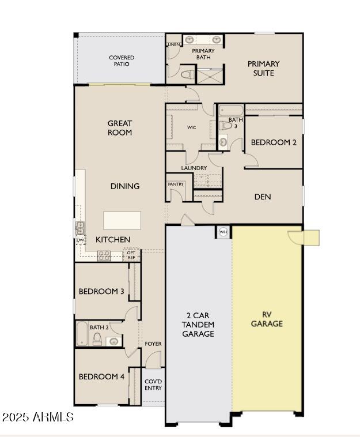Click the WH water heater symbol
(223, 232)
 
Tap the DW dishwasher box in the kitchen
(80, 240)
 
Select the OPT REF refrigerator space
(131, 255)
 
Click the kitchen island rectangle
(122, 220)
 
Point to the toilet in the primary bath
(188, 74)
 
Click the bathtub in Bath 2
(82, 334)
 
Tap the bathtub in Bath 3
(231, 110)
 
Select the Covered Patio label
(122, 61)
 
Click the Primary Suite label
(263, 68)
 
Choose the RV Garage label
(267, 319)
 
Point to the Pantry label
(176, 184)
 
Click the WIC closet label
(192, 127)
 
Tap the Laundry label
(194, 168)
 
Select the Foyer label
(153, 344)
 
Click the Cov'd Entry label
(153, 385)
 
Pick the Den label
(263, 197)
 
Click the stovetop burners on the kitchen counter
(104, 256)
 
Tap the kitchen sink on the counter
(80, 228)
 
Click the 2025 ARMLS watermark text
(37, 417)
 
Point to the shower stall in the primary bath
(210, 76)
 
